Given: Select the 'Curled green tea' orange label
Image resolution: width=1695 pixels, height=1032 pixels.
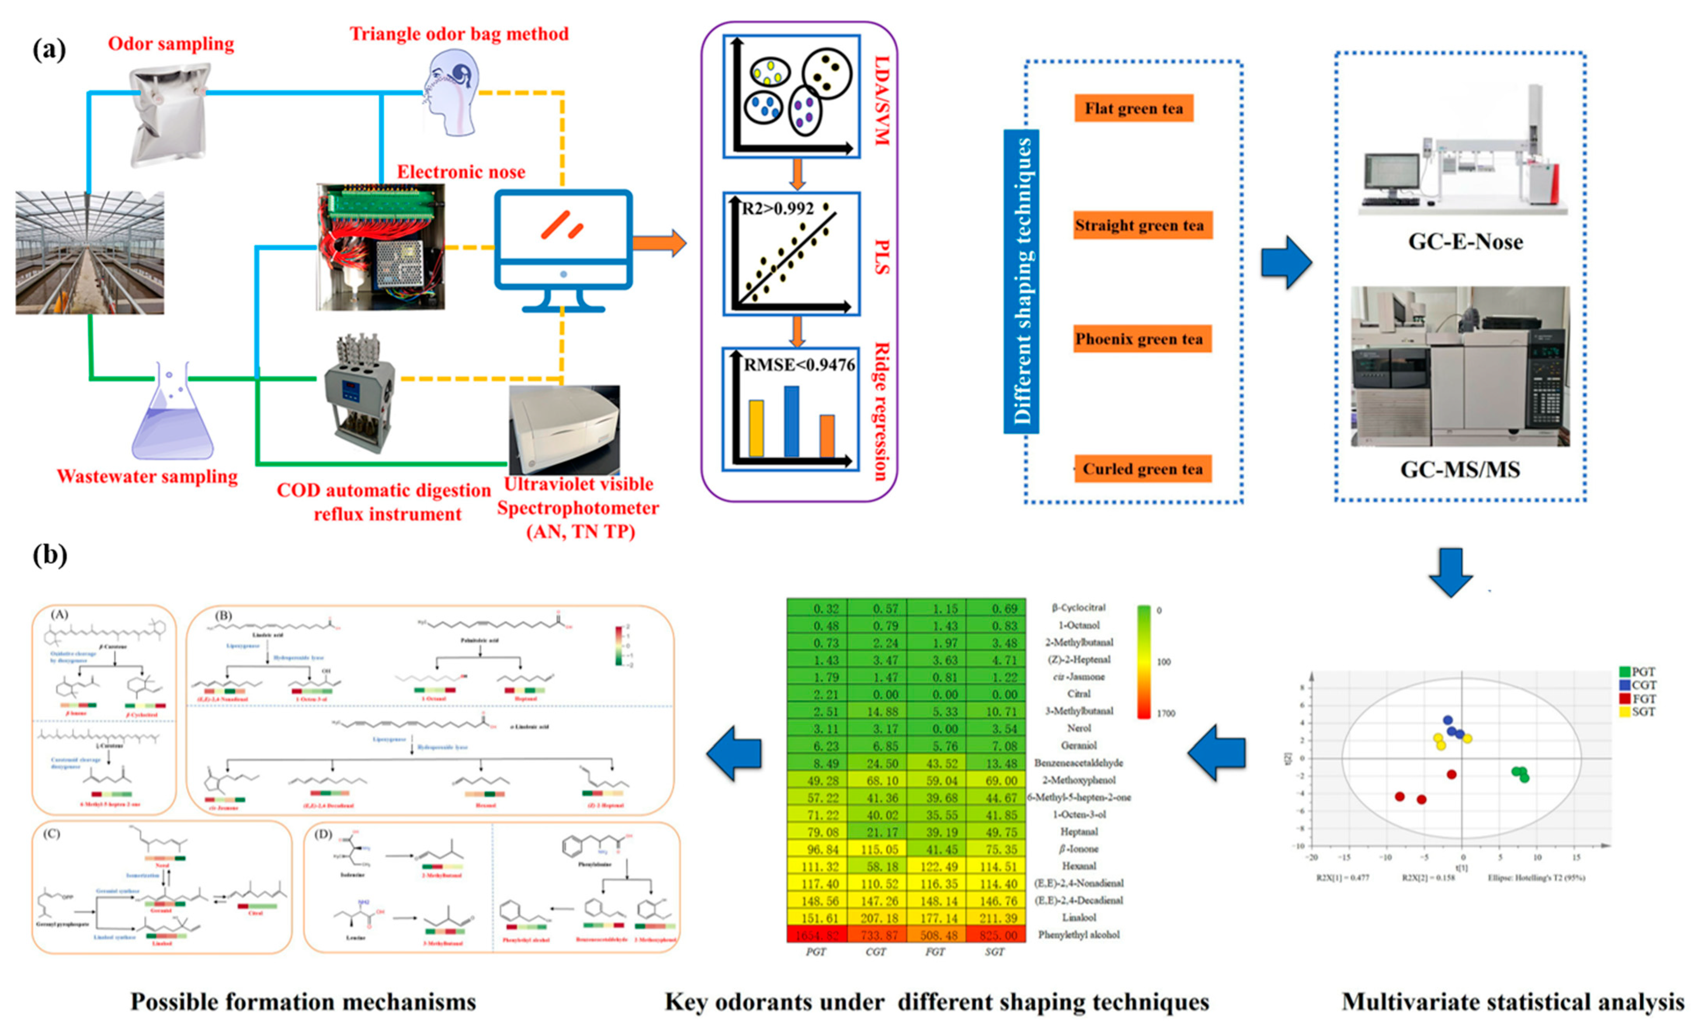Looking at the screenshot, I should pos(1142,469).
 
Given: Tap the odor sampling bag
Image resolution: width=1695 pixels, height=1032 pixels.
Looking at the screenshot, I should pos(168,113).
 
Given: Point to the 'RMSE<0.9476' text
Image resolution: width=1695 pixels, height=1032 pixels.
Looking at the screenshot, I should pos(799,365).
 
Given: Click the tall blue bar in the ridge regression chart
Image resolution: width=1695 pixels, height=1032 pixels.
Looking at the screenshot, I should pos(791,421).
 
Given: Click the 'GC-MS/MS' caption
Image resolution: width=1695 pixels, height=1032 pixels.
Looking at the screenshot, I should pos(1460,470).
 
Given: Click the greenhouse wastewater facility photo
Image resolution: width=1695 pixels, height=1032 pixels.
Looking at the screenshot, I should pos(89,253).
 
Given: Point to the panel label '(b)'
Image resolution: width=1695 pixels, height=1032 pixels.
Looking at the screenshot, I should pos(50,555).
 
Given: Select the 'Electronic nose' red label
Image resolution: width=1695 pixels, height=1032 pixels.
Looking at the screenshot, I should pos(461,172).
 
